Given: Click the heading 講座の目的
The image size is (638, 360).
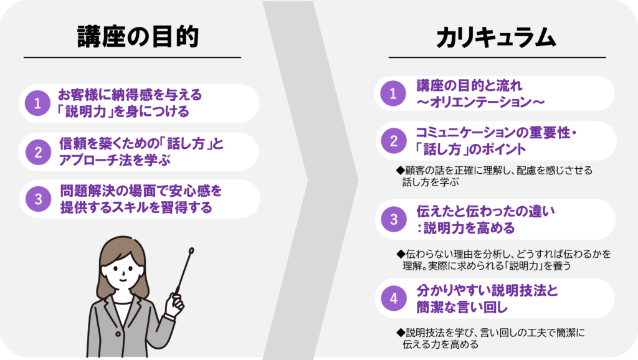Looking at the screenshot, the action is (x=138, y=37).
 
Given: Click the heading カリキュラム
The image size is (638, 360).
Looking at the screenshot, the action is (x=496, y=38).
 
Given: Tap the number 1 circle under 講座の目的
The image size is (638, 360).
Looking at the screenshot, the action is (x=37, y=103).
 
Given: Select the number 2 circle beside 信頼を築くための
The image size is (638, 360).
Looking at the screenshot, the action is (x=38, y=152).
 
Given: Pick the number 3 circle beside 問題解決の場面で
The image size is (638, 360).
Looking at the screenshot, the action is (x=38, y=199).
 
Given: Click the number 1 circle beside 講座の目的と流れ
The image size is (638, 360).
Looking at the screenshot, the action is (x=393, y=93).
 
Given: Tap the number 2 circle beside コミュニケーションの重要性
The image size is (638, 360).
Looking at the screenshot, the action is (x=394, y=141).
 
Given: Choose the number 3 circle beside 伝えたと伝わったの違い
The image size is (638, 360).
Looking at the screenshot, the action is (x=394, y=219).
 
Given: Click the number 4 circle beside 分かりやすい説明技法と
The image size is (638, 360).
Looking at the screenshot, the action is (x=394, y=298).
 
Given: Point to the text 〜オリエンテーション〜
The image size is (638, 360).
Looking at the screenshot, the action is (x=480, y=102).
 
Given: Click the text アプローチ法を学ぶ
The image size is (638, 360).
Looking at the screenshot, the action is (x=115, y=160).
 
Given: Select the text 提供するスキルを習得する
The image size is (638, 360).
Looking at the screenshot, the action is (x=136, y=207).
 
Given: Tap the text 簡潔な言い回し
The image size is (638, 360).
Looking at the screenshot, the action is (x=462, y=307).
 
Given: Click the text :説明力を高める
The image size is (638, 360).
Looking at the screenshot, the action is (x=465, y=228).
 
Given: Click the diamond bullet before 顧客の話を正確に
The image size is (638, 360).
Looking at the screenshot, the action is (x=401, y=171).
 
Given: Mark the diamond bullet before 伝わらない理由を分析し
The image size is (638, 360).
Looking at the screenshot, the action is (x=401, y=254).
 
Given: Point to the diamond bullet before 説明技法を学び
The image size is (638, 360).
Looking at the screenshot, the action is (x=401, y=333).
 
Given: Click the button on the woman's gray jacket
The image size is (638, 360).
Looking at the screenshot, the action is (x=118, y=334).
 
